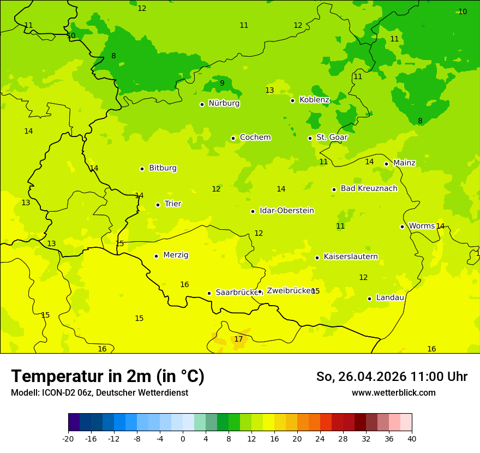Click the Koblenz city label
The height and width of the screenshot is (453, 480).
[314, 100]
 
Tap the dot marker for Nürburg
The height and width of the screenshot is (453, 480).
[202, 104]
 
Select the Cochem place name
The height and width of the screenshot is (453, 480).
[255, 138]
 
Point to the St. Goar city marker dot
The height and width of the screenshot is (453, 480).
[310, 138]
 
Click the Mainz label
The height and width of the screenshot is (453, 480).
[404, 163]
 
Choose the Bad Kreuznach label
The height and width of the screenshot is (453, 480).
[369, 189]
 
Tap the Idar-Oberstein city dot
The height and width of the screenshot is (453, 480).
[253, 211]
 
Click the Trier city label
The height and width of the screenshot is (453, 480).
[173, 204]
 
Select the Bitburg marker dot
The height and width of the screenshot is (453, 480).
[142, 169]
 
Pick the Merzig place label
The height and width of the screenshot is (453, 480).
[176, 255]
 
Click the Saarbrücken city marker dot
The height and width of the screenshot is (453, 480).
[209, 293]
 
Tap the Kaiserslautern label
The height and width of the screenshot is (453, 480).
[350, 257]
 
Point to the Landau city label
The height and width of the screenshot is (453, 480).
[390, 298]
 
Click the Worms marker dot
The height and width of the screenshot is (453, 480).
[402, 226]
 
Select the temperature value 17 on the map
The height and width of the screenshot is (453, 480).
[238, 339]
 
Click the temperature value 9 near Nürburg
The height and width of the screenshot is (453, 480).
[222, 84]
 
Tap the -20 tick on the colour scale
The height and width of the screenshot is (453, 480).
[68, 438]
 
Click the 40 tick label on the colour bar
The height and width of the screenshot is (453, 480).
[412, 438]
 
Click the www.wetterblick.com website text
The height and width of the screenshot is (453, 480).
[393, 392]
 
